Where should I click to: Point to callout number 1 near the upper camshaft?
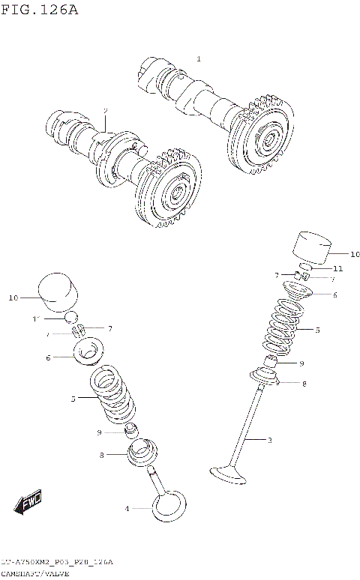pyautogui.click(x=199, y=58)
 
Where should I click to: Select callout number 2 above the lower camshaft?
pyautogui.click(x=106, y=110)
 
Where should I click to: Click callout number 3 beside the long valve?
pyautogui.click(x=269, y=440)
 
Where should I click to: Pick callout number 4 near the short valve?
pyautogui.click(x=127, y=509)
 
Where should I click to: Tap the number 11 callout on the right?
pyautogui.click(x=337, y=268)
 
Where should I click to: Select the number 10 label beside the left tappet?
pyautogui.click(x=13, y=298)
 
